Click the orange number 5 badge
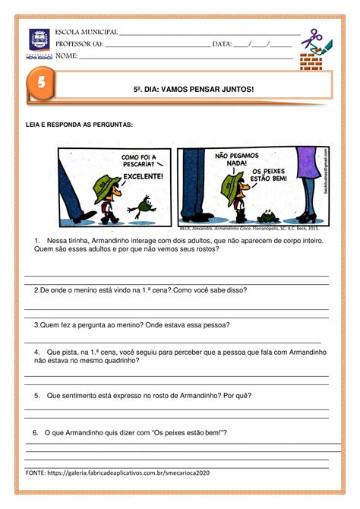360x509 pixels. click(36, 86)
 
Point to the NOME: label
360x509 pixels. click(67, 56)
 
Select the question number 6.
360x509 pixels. click(36, 432)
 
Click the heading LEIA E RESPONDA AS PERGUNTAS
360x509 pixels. click(79, 124)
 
